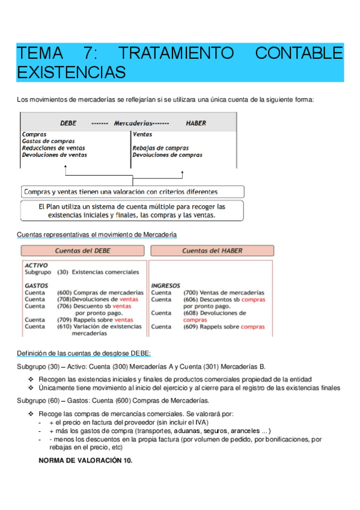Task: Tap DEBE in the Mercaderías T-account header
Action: (x=68, y=123)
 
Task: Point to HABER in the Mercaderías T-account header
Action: (x=196, y=123)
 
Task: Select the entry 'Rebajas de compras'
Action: (x=160, y=148)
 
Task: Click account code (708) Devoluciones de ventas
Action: (x=65, y=300)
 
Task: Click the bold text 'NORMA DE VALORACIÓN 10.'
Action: (x=85, y=461)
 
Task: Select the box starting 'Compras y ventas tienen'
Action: (x=132, y=192)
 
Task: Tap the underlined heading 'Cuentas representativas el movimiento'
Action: (x=97, y=234)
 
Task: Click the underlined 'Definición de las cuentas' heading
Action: (x=84, y=353)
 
